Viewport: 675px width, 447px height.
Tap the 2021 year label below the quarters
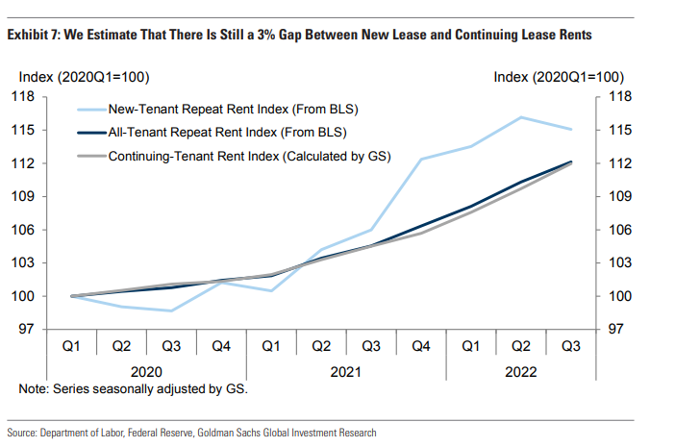345,371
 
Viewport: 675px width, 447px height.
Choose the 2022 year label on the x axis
520,371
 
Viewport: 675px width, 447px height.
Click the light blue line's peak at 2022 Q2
521,117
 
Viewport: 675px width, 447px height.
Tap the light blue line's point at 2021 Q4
421,159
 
